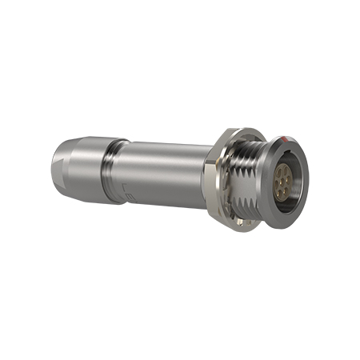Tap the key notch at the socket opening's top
coord(289,155)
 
